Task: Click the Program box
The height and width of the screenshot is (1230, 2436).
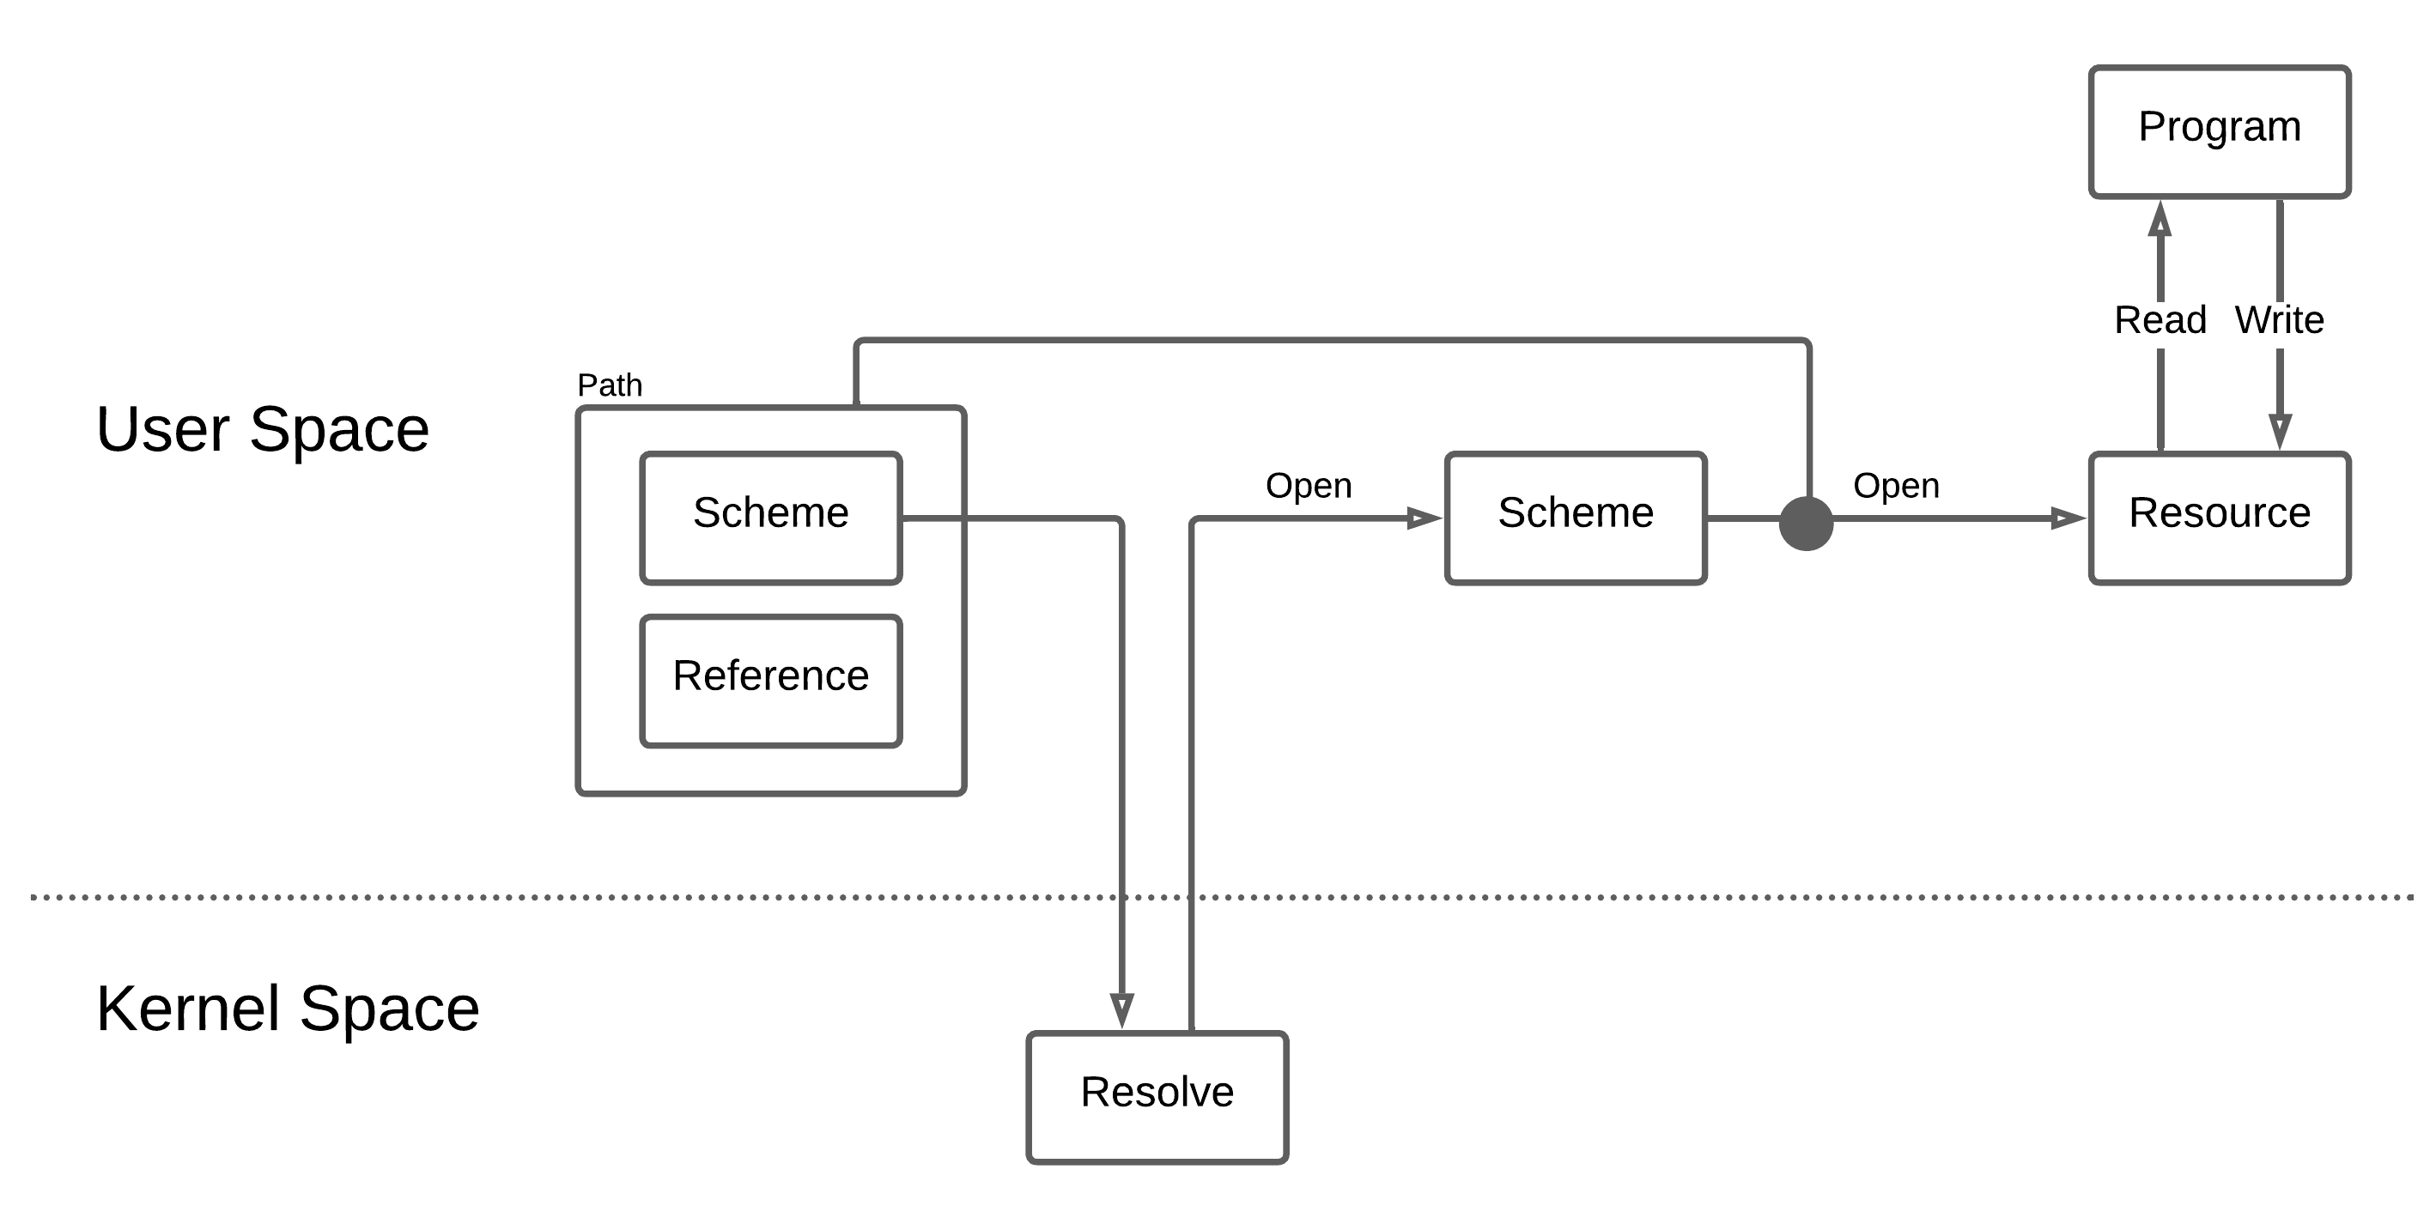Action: click(x=2219, y=131)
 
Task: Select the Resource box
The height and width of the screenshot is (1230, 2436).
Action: click(x=2219, y=518)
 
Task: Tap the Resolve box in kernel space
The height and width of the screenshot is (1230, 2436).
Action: click(x=1157, y=1097)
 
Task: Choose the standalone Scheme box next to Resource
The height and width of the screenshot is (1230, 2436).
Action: click(x=1575, y=518)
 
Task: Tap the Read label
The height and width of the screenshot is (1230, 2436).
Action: click(x=2160, y=320)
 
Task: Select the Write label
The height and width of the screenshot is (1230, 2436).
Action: click(x=2279, y=320)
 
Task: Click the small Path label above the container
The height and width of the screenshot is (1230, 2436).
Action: click(x=609, y=385)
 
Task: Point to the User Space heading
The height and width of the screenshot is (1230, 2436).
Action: click(x=263, y=429)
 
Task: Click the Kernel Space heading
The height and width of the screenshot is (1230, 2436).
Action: click(x=288, y=1008)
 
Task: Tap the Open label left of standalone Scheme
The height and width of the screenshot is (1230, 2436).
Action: click(x=1308, y=486)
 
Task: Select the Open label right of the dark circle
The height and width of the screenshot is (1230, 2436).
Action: click(x=1895, y=486)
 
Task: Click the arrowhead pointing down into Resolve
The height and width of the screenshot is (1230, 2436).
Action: click(x=1121, y=1009)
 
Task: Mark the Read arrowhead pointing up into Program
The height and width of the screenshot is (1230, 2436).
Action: click(x=2159, y=220)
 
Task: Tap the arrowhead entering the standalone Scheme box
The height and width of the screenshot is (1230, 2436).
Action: click(x=1423, y=518)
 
